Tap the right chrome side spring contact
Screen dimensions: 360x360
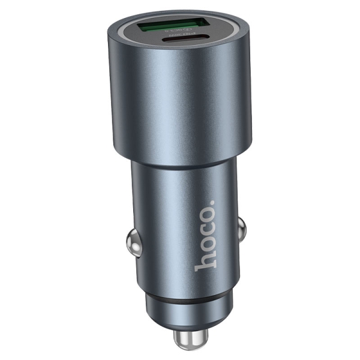coord(241,227)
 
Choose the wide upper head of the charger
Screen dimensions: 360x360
coord(180,102)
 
